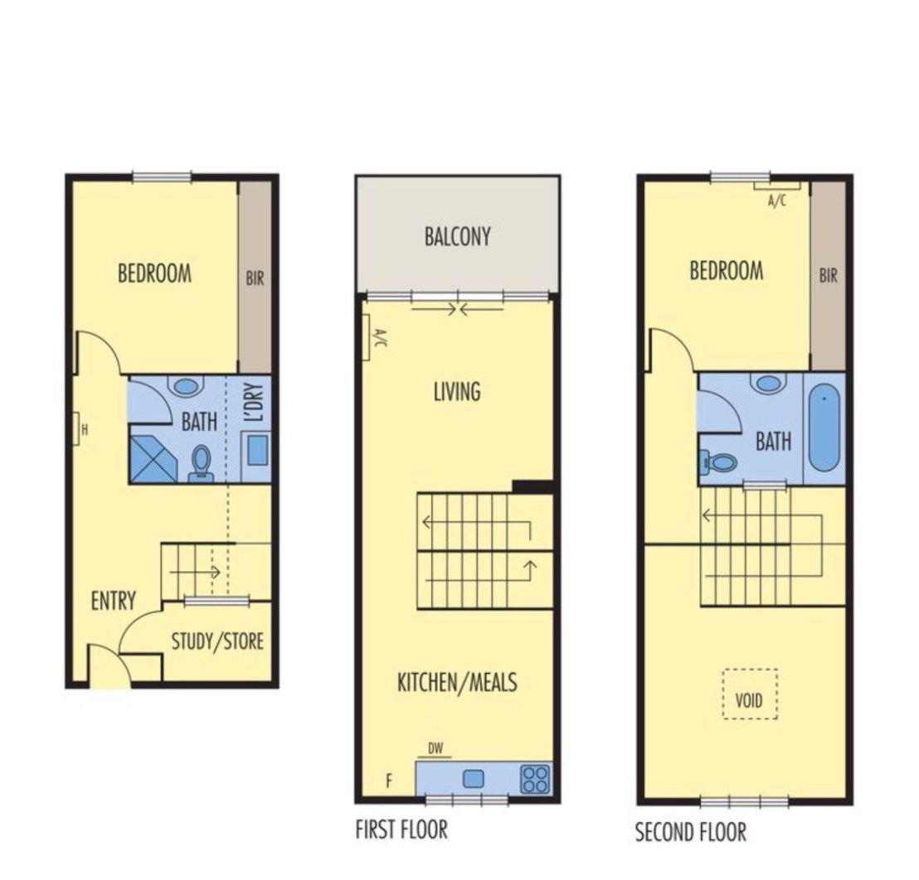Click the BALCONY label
pyautogui.click(x=457, y=236)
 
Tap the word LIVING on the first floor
pyautogui.click(x=457, y=392)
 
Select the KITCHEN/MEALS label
pyautogui.click(x=457, y=683)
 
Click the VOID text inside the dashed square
pyautogui.click(x=749, y=700)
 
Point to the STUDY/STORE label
pyautogui.click(x=217, y=641)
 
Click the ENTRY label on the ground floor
pyautogui.click(x=114, y=601)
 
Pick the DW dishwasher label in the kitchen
pyautogui.click(x=435, y=748)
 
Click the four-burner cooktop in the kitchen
pyautogui.click(x=535, y=779)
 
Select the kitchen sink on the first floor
pyautogui.click(x=474, y=779)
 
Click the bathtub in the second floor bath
pyautogui.click(x=824, y=427)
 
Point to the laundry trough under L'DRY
pyautogui.click(x=257, y=452)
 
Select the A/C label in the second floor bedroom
pyautogui.click(x=777, y=201)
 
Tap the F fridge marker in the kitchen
pyautogui.click(x=388, y=781)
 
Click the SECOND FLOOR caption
pyautogui.click(x=691, y=832)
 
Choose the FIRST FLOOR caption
pyautogui.click(x=401, y=829)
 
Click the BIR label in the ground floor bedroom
pyautogui.click(x=255, y=278)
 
